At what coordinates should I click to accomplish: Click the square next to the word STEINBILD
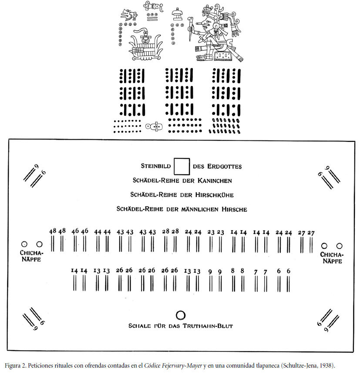182,166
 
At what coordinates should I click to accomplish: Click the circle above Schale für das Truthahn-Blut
180,315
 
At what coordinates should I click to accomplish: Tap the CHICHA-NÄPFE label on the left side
31,256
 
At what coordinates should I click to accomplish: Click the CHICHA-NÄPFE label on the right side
332,258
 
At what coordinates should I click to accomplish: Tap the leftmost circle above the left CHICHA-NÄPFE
24,245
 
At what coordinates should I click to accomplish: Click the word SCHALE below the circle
139,326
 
